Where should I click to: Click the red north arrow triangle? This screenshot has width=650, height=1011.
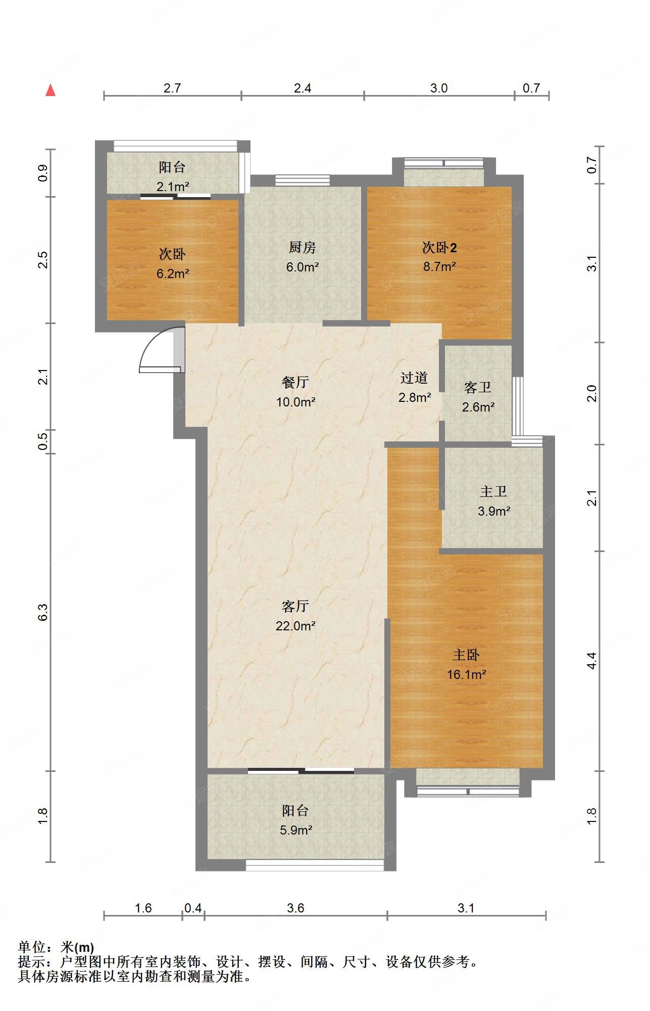tap(51, 90)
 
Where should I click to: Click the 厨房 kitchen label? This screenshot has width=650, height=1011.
tap(303, 248)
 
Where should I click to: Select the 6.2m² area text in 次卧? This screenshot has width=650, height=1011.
tap(173, 274)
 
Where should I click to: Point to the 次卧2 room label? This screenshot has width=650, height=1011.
tap(440, 248)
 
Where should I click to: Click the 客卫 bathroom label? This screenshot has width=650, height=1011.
tap(477, 388)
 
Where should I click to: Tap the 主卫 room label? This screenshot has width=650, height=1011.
tap(493, 491)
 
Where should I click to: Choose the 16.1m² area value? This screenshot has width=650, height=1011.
tap(466, 674)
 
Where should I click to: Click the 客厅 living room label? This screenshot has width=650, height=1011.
tap(295, 606)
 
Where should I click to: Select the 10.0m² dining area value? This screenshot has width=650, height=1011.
tap(296, 402)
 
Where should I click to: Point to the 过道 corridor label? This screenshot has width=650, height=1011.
tap(414, 378)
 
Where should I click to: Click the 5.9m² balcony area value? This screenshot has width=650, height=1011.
tap(295, 830)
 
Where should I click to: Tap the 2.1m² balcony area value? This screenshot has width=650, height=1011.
tap(173, 187)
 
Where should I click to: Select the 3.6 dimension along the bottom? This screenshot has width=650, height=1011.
tap(295, 908)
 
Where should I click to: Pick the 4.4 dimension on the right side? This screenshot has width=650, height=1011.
tap(591, 661)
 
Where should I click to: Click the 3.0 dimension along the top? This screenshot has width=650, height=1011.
tap(439, 88)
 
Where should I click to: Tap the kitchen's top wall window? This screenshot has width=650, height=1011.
tap(303, 180)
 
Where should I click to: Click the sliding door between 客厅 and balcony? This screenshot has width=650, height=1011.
tap(301, 771)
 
